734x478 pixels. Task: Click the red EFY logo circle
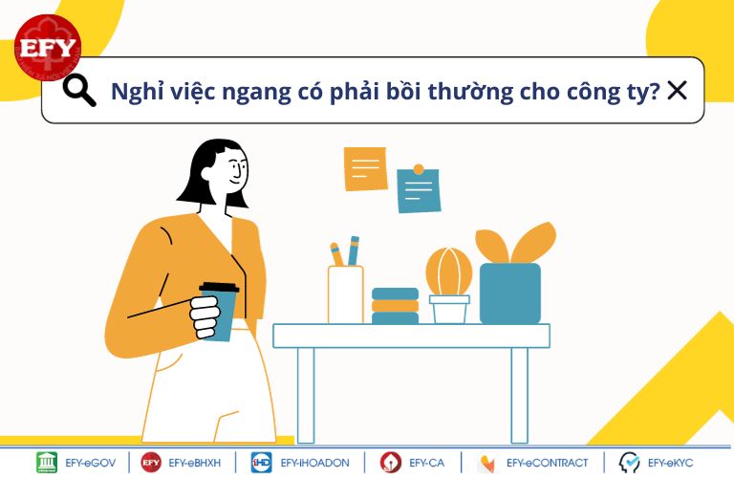tap(48, 47)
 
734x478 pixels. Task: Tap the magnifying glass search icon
tap(79, 91)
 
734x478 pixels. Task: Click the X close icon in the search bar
tap(677, 91)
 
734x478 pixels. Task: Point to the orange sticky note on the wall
tap(366, 169)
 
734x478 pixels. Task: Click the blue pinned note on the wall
tap(419, 189)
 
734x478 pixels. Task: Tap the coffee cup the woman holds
tap(219, 311)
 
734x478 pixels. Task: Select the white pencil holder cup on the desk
tap(345, 294)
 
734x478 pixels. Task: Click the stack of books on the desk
tap(395, 306)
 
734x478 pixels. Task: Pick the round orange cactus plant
tap(448, 272)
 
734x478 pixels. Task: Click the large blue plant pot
tap(510, 293)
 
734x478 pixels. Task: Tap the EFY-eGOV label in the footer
tap(91, 463)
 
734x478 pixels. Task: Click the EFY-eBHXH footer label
tap(194, 463)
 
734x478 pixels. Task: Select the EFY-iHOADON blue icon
tap(261, 463)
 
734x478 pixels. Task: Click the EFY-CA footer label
tap(426, 463)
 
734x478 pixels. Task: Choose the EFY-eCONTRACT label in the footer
tap(547, 463)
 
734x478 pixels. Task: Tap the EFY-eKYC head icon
tap(629, 463)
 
